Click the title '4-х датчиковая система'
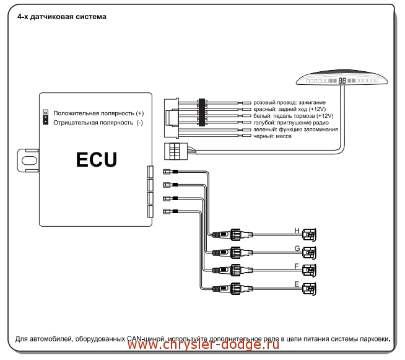(62, 17)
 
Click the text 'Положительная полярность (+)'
(98, 113)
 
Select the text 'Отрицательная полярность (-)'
(98, 123)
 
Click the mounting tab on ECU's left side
(27, 159)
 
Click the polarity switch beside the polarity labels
(45, 117)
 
